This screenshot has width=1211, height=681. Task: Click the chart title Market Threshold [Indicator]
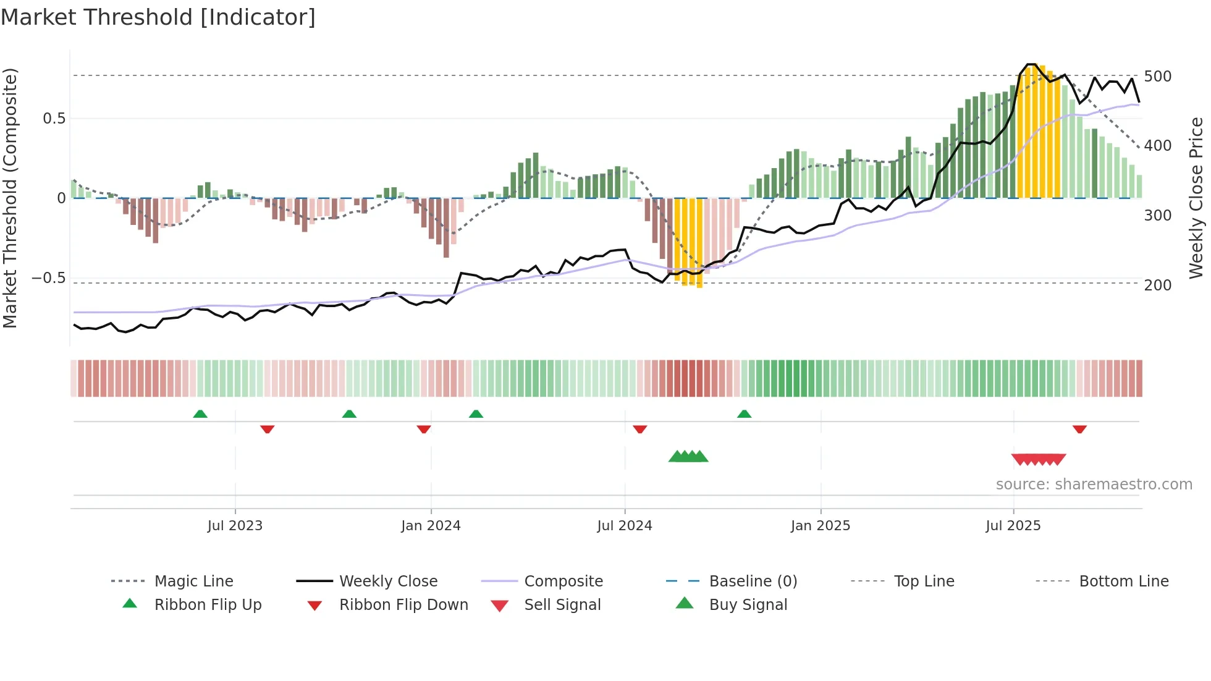coord(158,17)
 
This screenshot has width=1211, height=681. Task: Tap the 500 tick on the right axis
coord(1157,77)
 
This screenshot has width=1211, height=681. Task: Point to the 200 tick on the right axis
coord(1157,286)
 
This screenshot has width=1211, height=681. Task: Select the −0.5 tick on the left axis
coord(48,278)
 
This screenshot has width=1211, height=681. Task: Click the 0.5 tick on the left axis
coord(54,119)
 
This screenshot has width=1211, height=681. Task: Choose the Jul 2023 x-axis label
coord(235,526)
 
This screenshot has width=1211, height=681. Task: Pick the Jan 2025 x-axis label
coord(820,526)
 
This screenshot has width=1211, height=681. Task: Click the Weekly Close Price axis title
coord(1196,198)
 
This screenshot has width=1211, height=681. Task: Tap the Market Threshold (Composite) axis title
coord(10,198)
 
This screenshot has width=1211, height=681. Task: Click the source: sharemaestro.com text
coord(1094,484)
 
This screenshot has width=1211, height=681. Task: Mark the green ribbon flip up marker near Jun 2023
coord(200,414)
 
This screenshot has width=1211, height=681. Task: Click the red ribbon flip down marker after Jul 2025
coord(1079,429)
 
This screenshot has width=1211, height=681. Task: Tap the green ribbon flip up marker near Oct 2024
coord(744,414)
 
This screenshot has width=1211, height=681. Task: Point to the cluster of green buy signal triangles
coord(688,457)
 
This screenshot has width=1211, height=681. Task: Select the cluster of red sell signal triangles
coord(1039,459)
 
